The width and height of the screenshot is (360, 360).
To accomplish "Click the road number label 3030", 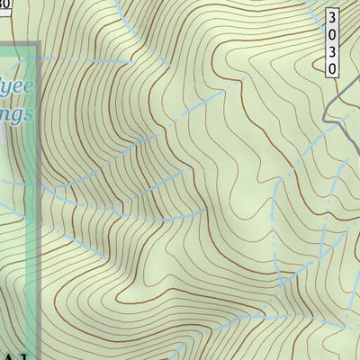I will pyautogui.click(x=332, y=42).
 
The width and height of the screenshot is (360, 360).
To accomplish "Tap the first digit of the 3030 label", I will pyautogui.click(x=332, y=17).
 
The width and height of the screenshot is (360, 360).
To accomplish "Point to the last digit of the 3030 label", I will pyautogui.click(x=332, y=68).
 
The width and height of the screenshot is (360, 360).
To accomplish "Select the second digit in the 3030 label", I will pyautogui.click(x=332, y=34).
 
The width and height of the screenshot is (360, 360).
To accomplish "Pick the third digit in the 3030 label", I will pyautogui.click(x=332, y=51).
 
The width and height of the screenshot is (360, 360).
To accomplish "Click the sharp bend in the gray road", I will pyautogui.click(x=326, y=115).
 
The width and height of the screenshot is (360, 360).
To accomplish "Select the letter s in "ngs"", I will pyautogui.click(x=31, y=114).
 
